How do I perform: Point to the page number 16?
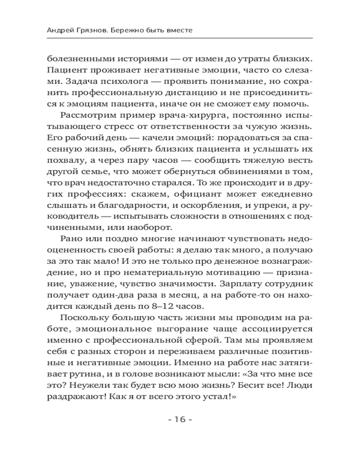180,420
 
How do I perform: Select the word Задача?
76,82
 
